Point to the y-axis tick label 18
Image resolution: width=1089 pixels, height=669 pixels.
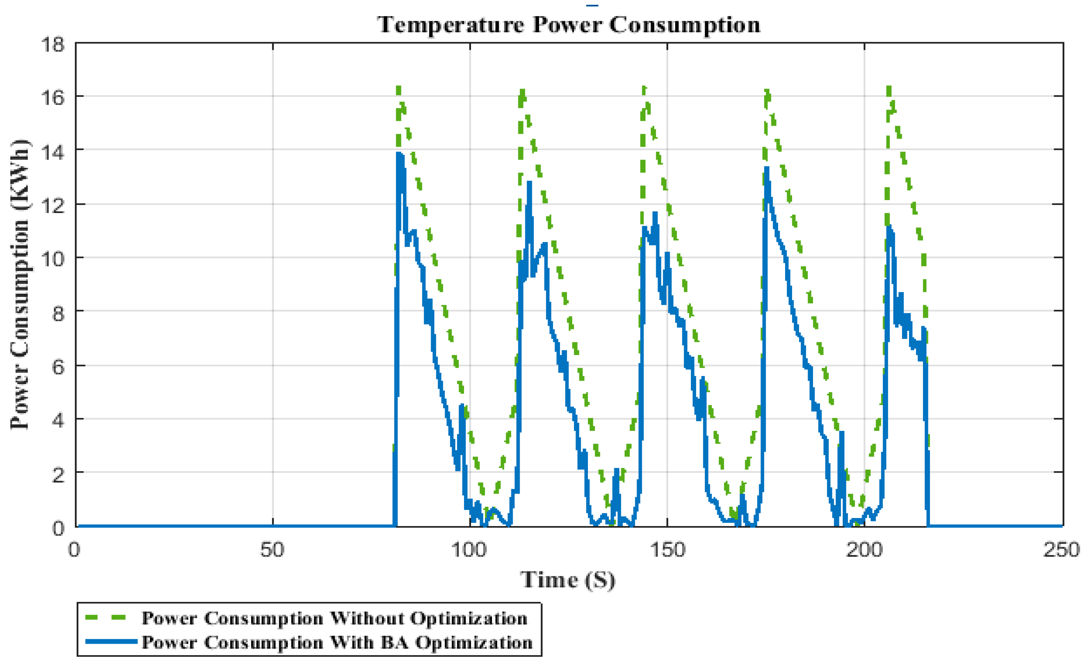(53, 45)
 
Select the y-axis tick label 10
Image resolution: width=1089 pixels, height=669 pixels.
(53, 259)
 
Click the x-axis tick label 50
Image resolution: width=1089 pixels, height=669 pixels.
(272, 550)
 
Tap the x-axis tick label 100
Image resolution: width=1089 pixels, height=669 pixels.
(469, 550)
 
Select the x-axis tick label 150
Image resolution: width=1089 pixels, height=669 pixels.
(667, 550)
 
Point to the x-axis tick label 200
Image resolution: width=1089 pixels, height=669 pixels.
(864, 550)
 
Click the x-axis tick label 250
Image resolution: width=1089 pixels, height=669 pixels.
(1061, 550)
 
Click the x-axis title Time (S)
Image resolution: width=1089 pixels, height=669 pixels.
(568, 580)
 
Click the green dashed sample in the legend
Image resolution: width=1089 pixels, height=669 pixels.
(106, 618)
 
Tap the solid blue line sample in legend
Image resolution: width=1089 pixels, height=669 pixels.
(111, 642)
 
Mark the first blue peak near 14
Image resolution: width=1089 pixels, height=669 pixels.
(399, 154)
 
